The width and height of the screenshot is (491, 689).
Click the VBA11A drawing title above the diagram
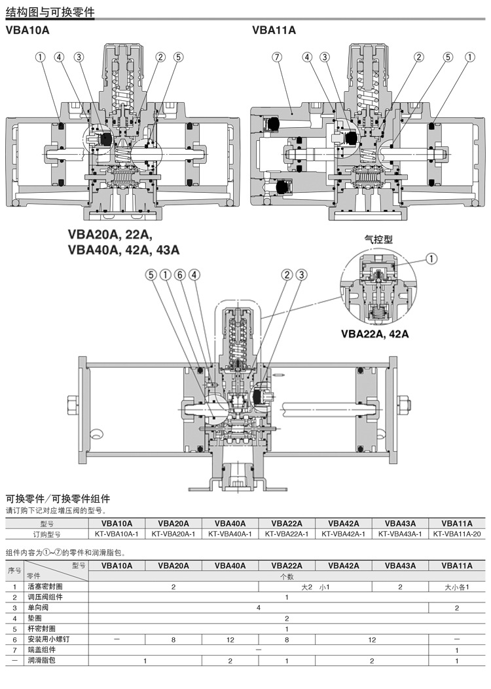pos(274,30)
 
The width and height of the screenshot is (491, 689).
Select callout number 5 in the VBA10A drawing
pos(178,58)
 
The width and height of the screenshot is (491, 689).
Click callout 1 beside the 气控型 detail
pos(431,258)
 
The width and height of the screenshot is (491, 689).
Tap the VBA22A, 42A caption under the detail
pos(374,334)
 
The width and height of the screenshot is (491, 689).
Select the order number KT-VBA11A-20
pos(457,534)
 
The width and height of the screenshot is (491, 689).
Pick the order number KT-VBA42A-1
pos(344,534)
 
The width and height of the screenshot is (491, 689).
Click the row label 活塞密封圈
pos(45,587)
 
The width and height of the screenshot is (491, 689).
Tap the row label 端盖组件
pos(41,650)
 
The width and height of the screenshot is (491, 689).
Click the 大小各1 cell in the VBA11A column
pos(456,587)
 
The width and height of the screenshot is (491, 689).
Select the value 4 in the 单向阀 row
pos(259,608)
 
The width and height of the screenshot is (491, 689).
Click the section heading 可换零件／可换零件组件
pos(58,499)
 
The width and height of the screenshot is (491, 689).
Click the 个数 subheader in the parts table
pos(287,576)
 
